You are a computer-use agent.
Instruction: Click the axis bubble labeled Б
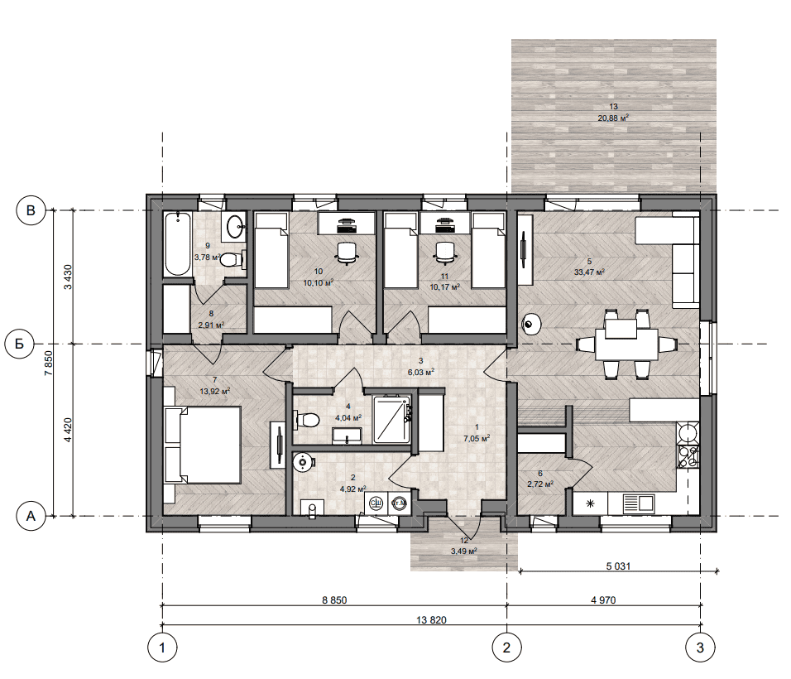(19, 344)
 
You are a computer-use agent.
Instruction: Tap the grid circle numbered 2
(506, 648)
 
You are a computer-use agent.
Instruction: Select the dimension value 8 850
(334, 600)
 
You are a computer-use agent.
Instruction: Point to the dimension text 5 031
(618, 566)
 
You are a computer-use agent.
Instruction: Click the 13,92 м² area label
(215, 391)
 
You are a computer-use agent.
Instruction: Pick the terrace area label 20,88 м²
(613, 118)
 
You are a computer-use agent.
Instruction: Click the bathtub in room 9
(178, 243)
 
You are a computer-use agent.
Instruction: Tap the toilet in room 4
(306, 420)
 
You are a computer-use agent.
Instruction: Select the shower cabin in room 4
(392, 420)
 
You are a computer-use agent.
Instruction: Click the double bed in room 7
(203, 445)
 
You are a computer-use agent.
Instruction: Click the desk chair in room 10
(347, 253)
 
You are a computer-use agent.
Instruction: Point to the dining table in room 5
(626, 344)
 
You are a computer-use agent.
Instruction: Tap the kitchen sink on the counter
(639, 503)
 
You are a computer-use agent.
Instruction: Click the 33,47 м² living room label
(589, 272)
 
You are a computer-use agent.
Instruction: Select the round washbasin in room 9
(235, 226)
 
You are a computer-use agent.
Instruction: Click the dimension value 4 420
(68, 430)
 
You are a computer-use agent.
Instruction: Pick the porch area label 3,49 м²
(464, 551)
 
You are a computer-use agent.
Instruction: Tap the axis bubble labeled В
(31, 210)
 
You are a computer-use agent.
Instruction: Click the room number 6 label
(540, 474)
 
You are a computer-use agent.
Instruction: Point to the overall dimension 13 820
(431, 620)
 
